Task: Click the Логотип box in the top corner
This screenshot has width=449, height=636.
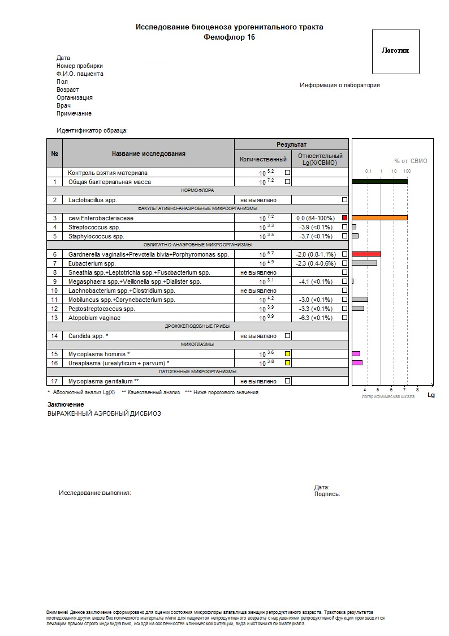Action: pos(395,51)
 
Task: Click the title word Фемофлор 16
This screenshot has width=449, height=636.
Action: pos(229,37)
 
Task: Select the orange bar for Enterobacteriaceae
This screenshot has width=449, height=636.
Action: pos(379,218)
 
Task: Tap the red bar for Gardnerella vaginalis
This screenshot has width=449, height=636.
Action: pos(366,254)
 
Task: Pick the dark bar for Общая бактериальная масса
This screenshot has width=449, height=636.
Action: pos(379,182)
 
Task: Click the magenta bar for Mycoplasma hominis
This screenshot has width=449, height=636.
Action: pos(356,354)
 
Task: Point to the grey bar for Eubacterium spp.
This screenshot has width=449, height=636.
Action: pos(364,263)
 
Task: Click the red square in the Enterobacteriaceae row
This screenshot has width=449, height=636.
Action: pos(344,218)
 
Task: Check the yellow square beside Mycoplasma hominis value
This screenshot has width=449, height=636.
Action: pos(287,354)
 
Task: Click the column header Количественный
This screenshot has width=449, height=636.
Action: pos(263,159)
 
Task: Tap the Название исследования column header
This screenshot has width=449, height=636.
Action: pos(148,153)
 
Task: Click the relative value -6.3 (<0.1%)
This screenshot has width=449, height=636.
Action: pos(316,318)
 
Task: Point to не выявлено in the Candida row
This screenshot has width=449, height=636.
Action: pos(258,336)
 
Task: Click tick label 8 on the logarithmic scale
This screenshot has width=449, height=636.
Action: pos(417,390)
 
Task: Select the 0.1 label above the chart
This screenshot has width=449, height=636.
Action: pos(368,171)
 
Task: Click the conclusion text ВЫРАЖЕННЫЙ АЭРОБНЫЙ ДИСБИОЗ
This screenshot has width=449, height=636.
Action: pos(104,413)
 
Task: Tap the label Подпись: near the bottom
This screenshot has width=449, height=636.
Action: pos(327,494)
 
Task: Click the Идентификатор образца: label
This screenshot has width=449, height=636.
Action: pos(92,131)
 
